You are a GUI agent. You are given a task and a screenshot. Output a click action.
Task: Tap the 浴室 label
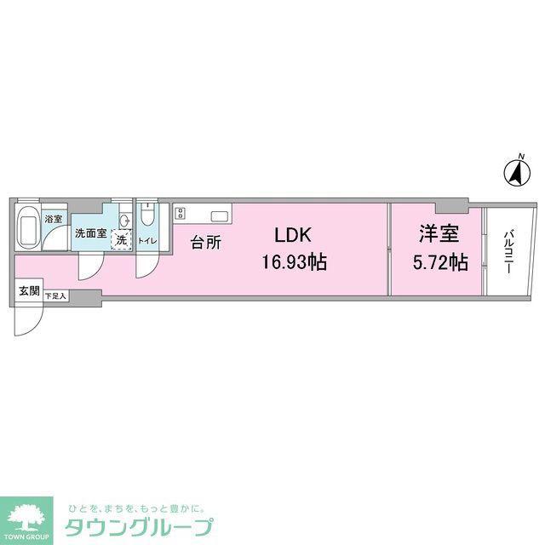(53, 219)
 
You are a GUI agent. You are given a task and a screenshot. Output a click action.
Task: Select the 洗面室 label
(91, 233)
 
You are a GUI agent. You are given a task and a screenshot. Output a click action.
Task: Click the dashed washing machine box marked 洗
(121, 239)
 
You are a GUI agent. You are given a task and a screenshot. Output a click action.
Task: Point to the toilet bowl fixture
(147, 214)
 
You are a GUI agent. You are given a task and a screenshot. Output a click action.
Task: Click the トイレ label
(147, 240)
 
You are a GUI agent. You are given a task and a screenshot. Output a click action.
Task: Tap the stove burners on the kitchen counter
(180, 213)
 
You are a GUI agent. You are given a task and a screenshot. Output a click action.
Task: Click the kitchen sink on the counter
(220, 216)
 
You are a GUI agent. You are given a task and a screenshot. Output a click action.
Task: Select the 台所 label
(206, 242)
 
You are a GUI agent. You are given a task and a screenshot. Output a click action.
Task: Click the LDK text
(293, 235)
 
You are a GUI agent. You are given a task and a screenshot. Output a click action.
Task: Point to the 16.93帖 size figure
(294, 262)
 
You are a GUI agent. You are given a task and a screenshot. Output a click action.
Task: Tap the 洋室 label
(439, 234)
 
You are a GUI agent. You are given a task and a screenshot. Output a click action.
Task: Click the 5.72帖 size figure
(440, 262)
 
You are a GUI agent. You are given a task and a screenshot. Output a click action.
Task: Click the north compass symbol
(518, 171)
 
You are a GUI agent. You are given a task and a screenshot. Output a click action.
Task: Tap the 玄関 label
(29, 291)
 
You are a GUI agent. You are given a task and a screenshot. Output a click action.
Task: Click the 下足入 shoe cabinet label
(55, 296)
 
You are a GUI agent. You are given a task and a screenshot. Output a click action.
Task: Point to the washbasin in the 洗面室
(125, 220)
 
